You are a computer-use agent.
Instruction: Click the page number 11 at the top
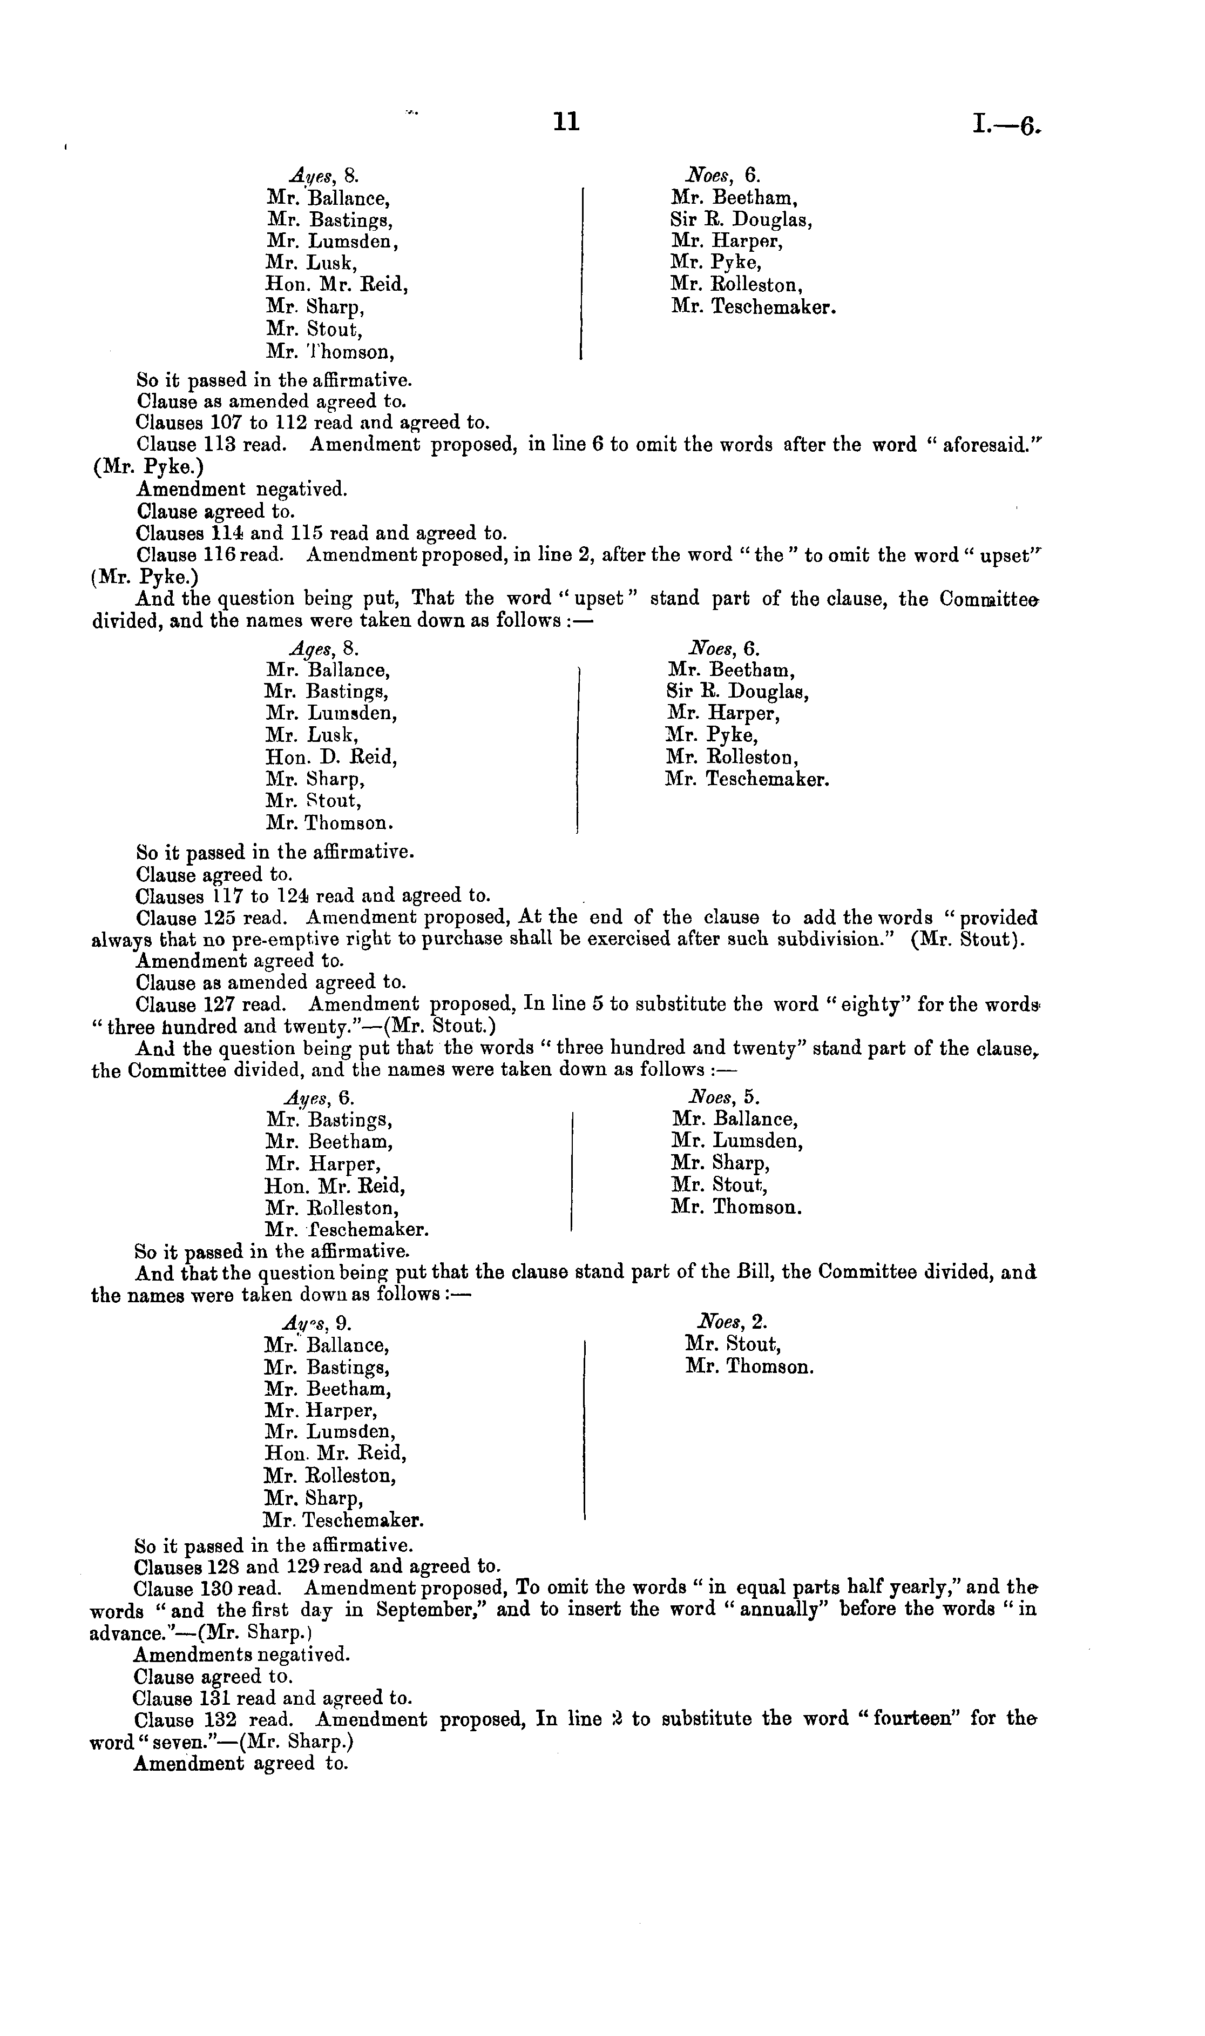[566, 122]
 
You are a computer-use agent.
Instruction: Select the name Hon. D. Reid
[331, 757]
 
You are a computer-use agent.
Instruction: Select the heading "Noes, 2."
[731, 1322]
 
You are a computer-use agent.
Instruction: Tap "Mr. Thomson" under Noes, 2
[749, 1367]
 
